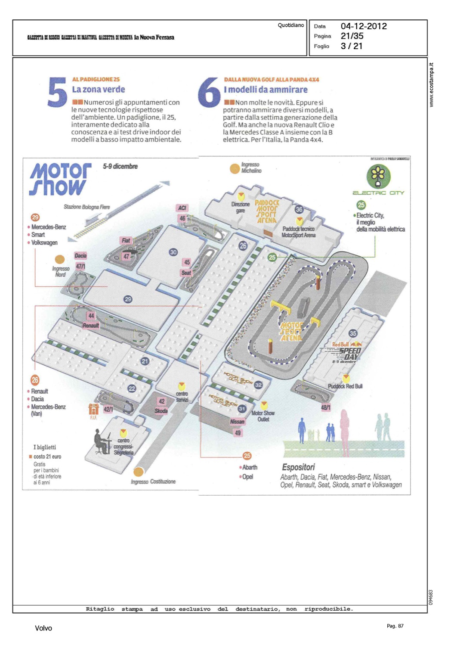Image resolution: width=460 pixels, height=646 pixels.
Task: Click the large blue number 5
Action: (x=57, y=92)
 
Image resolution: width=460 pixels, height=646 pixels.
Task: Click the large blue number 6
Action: (x=209, y=92)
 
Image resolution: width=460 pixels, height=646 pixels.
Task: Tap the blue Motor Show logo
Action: (x=60, y=179)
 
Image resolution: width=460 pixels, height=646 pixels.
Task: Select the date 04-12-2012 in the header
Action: (x=364, y=26)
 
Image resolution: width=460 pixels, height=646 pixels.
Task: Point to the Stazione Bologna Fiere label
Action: (x=86, y=207)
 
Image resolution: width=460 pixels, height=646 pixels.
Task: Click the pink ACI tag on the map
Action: (x=182, y=208)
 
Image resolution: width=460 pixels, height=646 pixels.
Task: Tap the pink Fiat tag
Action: (x=126, y=241)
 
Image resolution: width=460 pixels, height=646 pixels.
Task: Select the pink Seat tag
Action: (x=186, y=273)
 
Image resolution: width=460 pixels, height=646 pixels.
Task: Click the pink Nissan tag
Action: (x=237, y=422)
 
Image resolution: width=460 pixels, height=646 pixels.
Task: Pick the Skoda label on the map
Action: (x=161, y=411)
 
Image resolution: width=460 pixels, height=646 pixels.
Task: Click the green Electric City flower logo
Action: (x=378, y=176)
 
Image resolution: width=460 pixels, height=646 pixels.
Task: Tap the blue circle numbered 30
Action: (x=173, y=252)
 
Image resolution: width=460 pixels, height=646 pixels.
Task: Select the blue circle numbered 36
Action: (x=299, y=210)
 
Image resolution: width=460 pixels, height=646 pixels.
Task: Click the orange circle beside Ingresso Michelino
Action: (x=235, y=168)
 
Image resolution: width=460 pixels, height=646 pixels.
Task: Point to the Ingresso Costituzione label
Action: (x=153, y=481)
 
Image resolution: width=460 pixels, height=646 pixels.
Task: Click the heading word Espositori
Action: (x=298, y=467)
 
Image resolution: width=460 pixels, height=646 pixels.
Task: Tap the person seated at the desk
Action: (x=102, y=442)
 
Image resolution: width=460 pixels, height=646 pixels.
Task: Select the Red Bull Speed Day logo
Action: (x=346, y=352)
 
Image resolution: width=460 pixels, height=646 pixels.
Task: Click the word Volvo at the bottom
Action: (x=43, y=628)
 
